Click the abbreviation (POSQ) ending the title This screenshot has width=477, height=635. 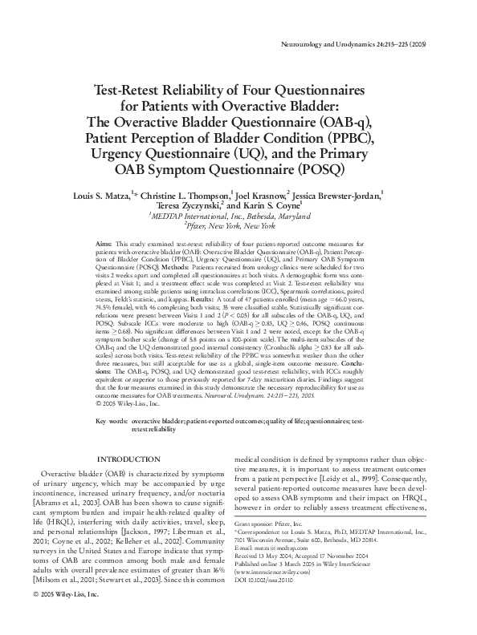[x=316, y=169]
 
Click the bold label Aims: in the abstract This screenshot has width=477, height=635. [x=104, y=242]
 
